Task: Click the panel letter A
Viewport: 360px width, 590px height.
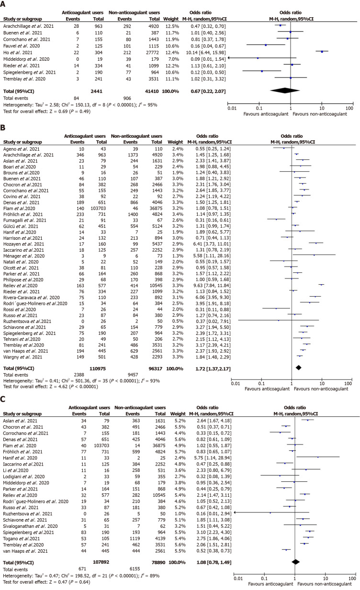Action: (x=4, y=4)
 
